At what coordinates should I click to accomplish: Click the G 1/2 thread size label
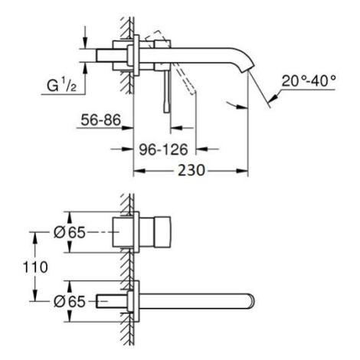coord(61,85)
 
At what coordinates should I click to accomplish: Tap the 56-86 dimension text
coord(100,119)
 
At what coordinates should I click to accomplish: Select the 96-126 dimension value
coord(163,149)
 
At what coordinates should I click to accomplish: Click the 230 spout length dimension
coord(191,170)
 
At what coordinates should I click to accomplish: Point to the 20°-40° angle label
coord(309,81)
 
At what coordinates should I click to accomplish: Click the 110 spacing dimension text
coord(35,267)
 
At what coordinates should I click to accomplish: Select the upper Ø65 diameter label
coord(70,233)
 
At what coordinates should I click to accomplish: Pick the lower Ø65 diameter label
coord(70,302)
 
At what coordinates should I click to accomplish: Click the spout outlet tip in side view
coord(248,69)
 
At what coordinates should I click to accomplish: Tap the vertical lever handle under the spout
coord(167,91)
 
